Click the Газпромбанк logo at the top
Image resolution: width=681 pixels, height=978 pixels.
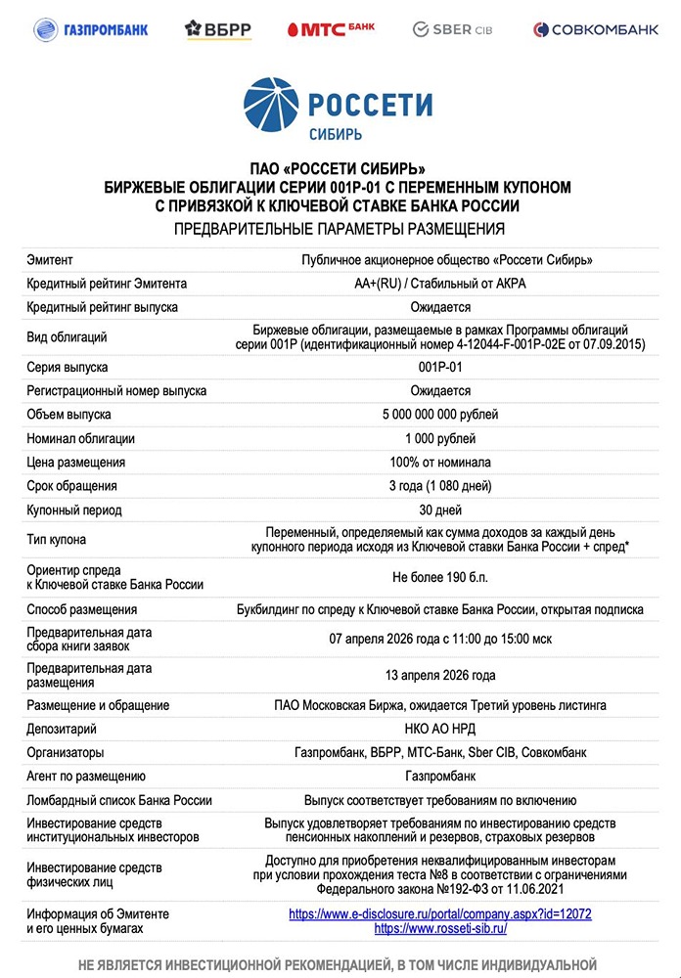(x=91, y=29)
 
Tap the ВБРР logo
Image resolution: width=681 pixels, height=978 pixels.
(x=218, y=29)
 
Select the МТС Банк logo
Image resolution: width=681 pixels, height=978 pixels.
(x=331, y=29)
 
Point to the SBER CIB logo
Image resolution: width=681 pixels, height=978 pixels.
(x=451, y=29)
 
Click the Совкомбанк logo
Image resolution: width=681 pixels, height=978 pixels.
(x=596, y=29)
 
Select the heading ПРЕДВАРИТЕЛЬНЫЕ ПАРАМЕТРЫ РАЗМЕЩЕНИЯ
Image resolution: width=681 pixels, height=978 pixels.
(x=340, y=230)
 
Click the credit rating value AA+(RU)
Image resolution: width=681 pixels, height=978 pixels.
(x=383, y=284)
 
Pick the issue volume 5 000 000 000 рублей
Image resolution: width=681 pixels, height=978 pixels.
(x=440, y=415)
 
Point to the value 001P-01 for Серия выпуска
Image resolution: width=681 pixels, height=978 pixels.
(x=439, y=367)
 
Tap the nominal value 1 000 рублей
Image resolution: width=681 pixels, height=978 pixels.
(x=440, y=438)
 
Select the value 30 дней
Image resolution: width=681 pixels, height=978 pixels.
(x=440, y=510)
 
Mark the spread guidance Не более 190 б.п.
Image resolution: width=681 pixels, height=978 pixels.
(x=440, y=577)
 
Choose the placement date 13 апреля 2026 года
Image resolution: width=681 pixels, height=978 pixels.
(x=440, y=675)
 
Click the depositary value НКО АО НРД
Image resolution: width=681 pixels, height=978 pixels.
(x=440, y=729)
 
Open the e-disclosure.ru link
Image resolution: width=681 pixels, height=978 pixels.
(x=440, y=913)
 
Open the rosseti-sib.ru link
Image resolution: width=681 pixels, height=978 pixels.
(x=440, y=928)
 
